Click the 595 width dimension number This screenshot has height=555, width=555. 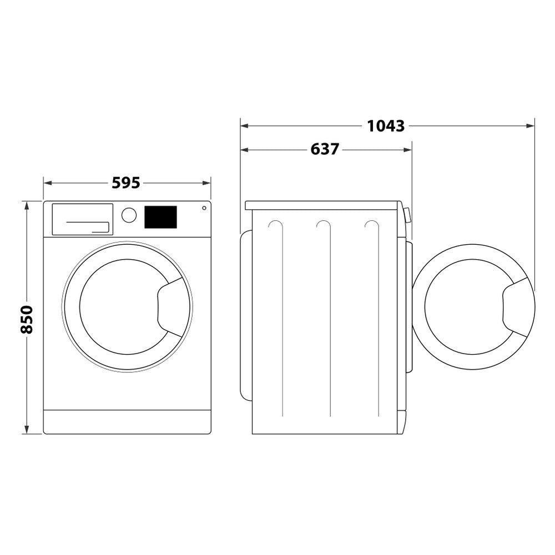pos(126,183)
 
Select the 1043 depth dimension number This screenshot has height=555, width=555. pos(386,126)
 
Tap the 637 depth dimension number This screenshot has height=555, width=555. pos(325,149)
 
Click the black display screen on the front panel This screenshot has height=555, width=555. pos(160,217)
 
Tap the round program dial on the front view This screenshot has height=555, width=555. pos(129,215)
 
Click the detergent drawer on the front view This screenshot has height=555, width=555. pos(82,219)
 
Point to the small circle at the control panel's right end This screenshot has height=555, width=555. pos(204,208)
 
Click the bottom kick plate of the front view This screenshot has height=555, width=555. pos(127,422)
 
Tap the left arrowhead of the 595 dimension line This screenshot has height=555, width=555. pos(47,183)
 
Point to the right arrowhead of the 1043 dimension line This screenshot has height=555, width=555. pos(531,126)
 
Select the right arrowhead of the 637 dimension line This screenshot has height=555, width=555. pos(409,149)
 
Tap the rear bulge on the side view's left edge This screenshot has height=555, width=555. pos(245,314)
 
